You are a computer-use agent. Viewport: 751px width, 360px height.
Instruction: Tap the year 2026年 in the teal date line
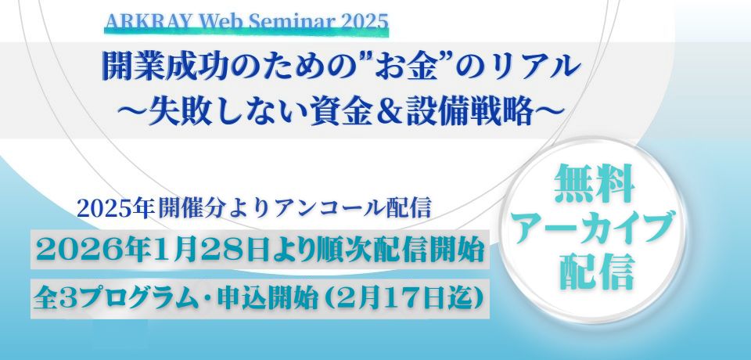click(x=88, y=252)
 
